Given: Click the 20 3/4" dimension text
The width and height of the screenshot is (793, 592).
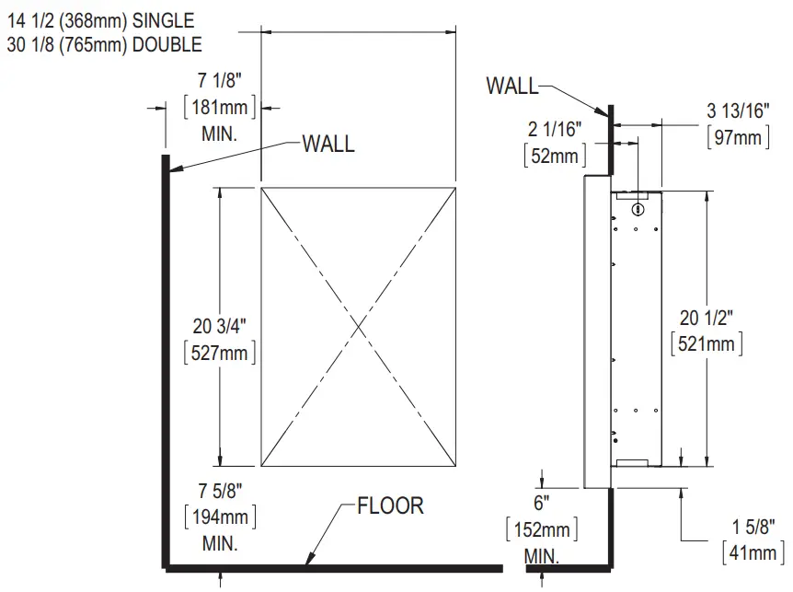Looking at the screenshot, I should click(x=220, y=324).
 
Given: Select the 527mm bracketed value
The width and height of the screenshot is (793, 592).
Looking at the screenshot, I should click(x=220, y=351).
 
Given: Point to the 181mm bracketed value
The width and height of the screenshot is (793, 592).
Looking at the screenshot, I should click(x=220, y=108).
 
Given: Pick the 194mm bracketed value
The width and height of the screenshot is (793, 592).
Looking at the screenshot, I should click(x=220, y=517).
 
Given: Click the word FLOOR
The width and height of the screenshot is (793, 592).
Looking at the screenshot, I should click(x=390, y=505).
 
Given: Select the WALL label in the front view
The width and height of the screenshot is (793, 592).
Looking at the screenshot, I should click(x=328, y=145).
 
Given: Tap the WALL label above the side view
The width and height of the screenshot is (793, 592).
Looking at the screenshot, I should click(x=512, y=87).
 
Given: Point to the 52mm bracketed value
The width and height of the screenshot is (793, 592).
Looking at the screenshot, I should click(x=553, y=156).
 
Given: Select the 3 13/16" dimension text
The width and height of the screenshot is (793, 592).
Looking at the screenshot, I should click(x=737, y=111).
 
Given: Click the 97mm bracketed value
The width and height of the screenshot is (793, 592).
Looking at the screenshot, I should click(x=737, y=137).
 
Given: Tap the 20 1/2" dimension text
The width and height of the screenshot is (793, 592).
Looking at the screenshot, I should click(x=707, y=319).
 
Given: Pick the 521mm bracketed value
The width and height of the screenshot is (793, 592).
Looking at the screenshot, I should click(x=707, y=343).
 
